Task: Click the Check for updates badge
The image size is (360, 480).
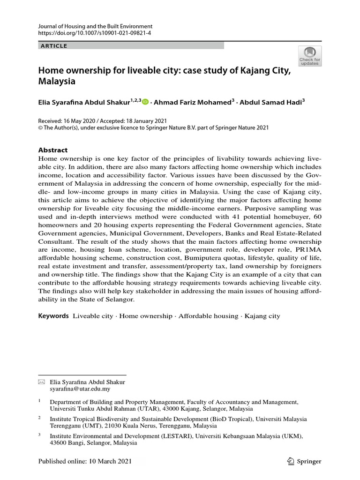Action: coord(309,56)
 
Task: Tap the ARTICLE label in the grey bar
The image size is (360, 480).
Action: coord(54,45)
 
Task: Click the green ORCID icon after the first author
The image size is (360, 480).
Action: coord(145,102)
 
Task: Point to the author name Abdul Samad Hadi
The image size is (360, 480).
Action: coord(270,102)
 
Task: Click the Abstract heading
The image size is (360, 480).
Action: coord(52,150)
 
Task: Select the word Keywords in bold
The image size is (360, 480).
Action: coord(53,316)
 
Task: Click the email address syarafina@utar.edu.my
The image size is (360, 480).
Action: coord(81,389)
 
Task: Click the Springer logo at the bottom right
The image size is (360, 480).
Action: coord(304,461)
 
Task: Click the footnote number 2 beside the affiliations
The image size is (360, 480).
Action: coord(40,417)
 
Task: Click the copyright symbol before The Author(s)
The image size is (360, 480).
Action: coord(40,127)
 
